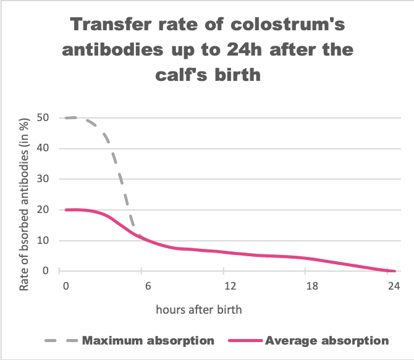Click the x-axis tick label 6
(x=147, y=287)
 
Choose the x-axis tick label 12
(x=230, y=287)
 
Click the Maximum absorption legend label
(x=148, y=340)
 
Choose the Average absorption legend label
(x=328, y=340)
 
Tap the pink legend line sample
(x=243, y=341)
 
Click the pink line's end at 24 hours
(x=394, y=270)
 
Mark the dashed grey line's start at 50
(x=66, y=118)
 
